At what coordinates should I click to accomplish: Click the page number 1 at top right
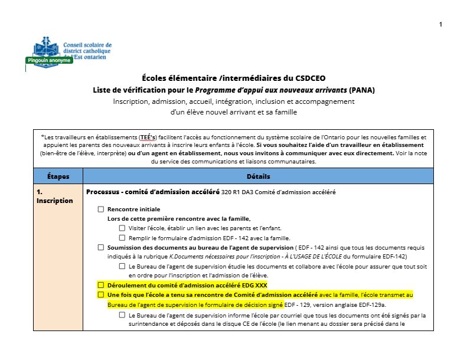pos(440,24)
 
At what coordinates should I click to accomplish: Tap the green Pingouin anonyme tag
pos(49,60)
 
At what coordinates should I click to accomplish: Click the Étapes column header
pos(58,176)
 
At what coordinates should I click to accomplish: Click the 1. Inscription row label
pos(55,196)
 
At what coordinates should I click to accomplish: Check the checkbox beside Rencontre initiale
pos(101,210)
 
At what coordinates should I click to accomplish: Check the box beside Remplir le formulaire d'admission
pos(122,238)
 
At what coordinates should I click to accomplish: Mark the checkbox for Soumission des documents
pos(101,248)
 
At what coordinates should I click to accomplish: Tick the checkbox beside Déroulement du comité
pos(101,285)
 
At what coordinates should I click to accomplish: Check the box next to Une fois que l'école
pos(101,294)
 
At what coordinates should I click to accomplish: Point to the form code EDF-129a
pos(372,305)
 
